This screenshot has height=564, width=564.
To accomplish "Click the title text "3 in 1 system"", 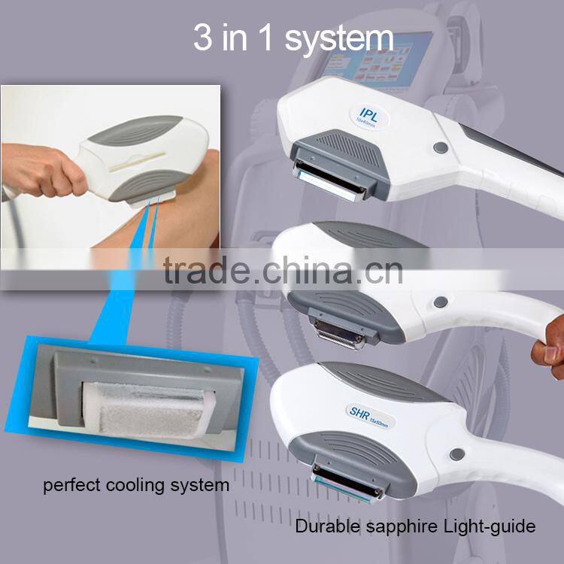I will (x=293, y=38).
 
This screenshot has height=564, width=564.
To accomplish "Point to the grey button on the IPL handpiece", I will (x=441, y=148).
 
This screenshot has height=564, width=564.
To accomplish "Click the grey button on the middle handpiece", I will (x=441, y=302).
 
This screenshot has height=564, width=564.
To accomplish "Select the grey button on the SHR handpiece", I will (x=456, y=454).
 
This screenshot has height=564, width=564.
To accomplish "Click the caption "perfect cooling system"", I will (x=136, y=485).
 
